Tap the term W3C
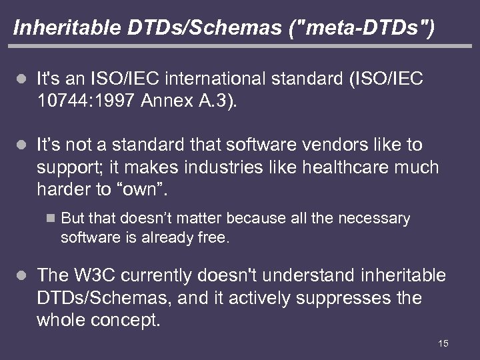97,275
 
